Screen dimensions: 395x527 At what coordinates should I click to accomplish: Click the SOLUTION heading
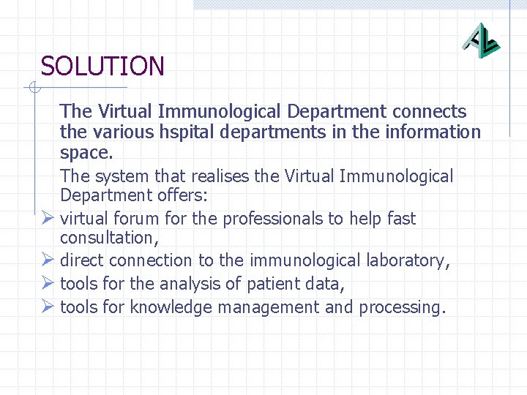click(102, 67)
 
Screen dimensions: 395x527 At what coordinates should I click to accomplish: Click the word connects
click(429, 112)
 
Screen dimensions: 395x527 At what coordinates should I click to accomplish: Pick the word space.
click(86, 154)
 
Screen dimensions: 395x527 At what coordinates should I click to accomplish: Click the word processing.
click(401, 307)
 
